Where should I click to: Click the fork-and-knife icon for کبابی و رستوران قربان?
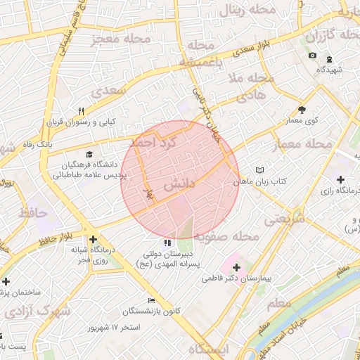[82, 111]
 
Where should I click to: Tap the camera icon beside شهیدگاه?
[312, 56]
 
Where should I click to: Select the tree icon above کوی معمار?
[302, 110]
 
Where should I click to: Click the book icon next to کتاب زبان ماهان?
[261, 170]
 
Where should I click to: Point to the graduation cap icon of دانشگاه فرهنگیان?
[89, 155]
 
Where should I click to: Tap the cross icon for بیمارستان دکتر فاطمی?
[236, 268]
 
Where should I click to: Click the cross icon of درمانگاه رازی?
[341, 180]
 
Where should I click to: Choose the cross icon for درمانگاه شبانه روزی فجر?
[93, 239]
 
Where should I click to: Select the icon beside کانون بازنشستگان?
[151, 300]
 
